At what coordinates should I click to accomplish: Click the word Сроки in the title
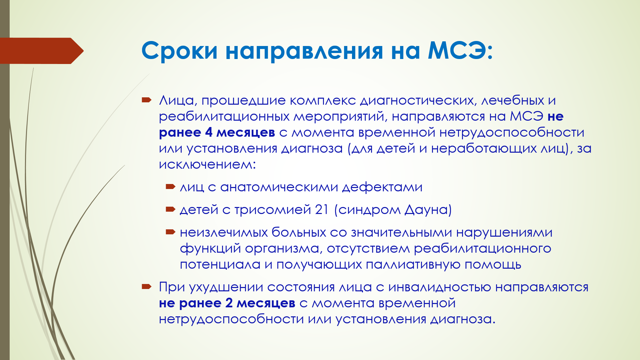180,51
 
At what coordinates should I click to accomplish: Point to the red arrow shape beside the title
42,51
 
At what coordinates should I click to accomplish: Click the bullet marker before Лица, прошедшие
147,100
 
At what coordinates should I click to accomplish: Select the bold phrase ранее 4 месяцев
217,132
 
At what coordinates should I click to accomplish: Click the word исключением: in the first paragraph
207,164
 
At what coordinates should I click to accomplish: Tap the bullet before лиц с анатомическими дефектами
170,186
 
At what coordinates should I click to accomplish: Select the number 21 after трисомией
322,210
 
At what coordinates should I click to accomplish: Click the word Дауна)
428,210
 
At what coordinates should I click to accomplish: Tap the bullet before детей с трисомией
170,209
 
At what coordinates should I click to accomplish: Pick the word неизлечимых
224,232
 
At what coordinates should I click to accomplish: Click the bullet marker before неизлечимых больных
170,232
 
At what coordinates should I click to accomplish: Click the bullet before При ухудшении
147,286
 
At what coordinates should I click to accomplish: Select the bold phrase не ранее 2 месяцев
227,303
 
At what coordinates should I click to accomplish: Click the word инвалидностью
440,287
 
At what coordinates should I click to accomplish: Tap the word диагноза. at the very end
463,319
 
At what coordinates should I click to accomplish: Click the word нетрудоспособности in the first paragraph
512,132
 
